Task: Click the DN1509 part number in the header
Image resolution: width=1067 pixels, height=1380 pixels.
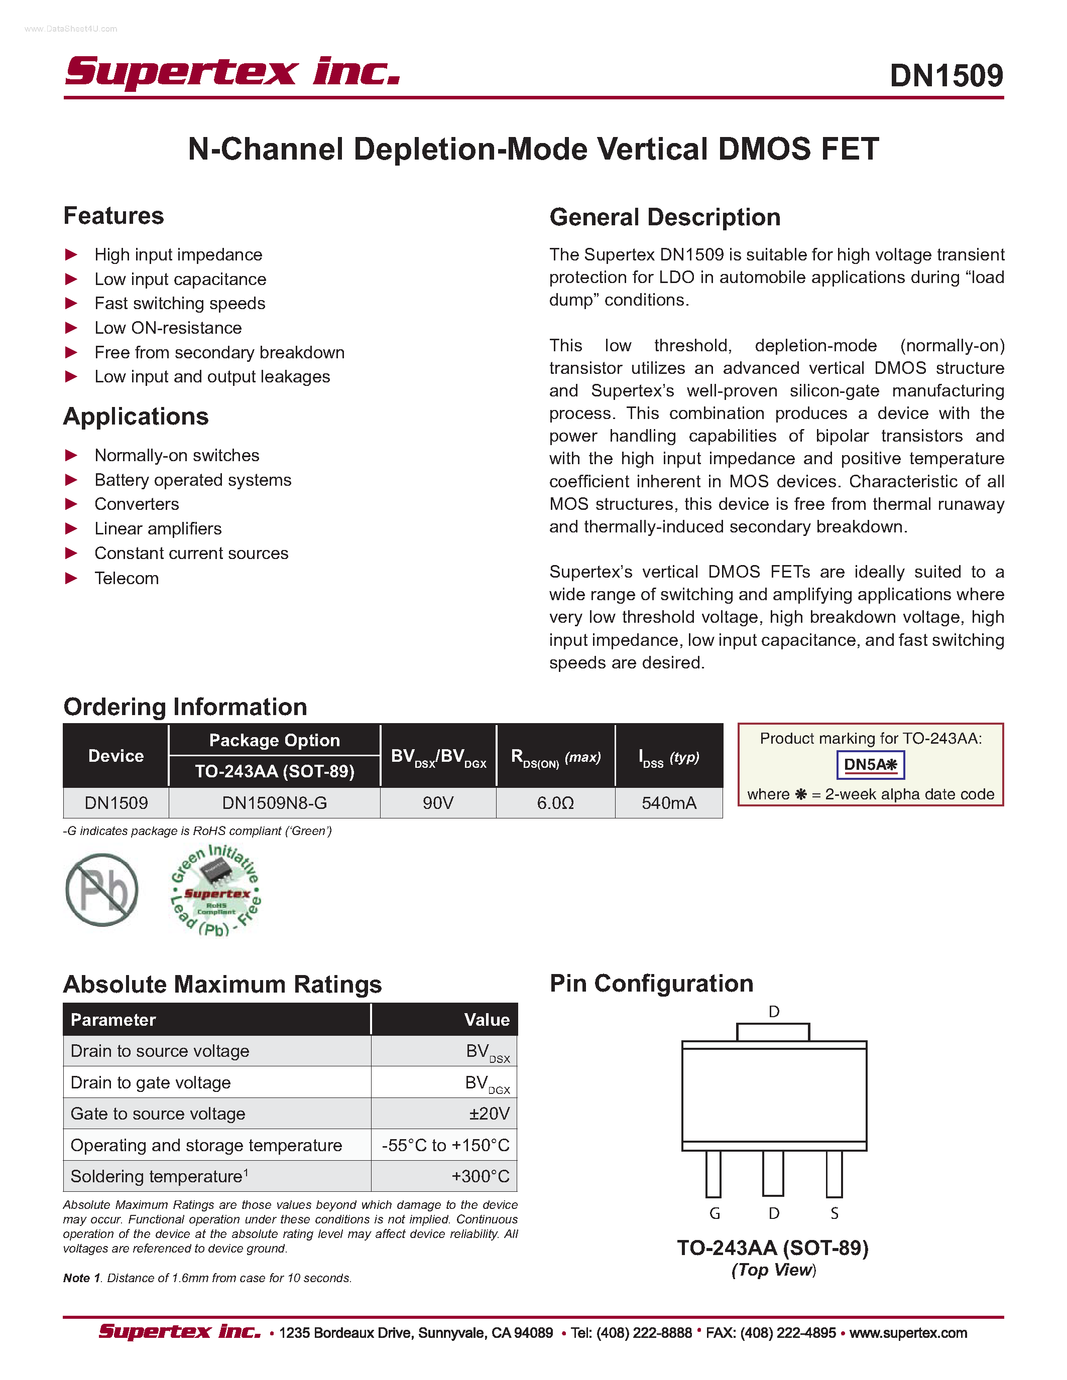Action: (945, 76)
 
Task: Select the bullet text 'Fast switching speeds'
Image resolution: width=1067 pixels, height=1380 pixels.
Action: (180, 303)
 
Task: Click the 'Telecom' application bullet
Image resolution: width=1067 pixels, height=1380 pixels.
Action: (127, 578)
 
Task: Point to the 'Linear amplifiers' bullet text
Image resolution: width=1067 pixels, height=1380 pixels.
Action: (158, 529)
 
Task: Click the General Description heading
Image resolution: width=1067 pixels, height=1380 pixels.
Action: (664, 217)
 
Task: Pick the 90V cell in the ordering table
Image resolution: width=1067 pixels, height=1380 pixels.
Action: (438, 803)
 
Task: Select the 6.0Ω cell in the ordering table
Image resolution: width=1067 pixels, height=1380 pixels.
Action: (555, 803)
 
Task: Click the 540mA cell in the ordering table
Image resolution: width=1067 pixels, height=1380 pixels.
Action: (669, 803)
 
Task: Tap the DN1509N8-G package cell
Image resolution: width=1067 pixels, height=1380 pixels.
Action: (274, 803)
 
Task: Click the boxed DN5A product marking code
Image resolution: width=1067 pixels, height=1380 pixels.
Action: (870, 765)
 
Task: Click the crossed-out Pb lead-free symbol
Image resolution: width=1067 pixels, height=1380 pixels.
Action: (102, 890)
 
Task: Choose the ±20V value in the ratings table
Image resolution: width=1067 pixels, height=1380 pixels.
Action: (489, 1114)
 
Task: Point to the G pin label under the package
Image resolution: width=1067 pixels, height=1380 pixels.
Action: (715, 1213)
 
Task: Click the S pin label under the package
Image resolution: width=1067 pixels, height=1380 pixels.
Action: (835, 1213)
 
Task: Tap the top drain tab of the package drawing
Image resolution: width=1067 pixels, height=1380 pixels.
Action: (773, 1032)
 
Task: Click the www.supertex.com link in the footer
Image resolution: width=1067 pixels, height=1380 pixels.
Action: (908, 1333)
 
